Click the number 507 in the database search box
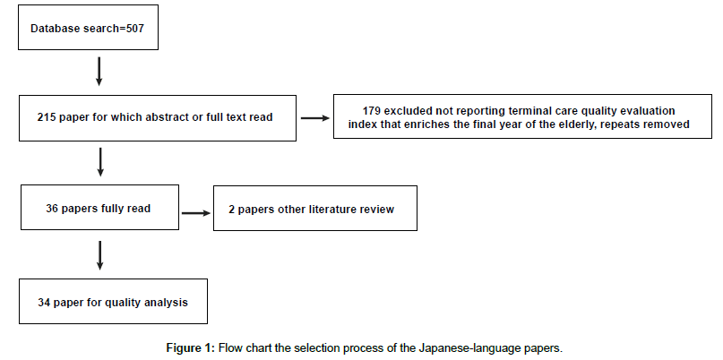(x=134, y=29)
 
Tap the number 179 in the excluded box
(x=371, y=111)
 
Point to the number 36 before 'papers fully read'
(x=52, y=209)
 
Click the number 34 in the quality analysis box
(x=44, y=303)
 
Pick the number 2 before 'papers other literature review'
(x=231, y=210)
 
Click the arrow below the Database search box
(x=99, y=72)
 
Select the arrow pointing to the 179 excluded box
(x=315, y=118)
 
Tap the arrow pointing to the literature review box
(x=196, y=213)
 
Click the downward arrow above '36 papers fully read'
(x=100, y=162)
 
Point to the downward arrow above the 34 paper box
(x=99, y=255)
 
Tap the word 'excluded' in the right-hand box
(x=403, y=111)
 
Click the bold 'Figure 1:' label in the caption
(x=191, y=347)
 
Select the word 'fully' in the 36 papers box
(x=113, y=209)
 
